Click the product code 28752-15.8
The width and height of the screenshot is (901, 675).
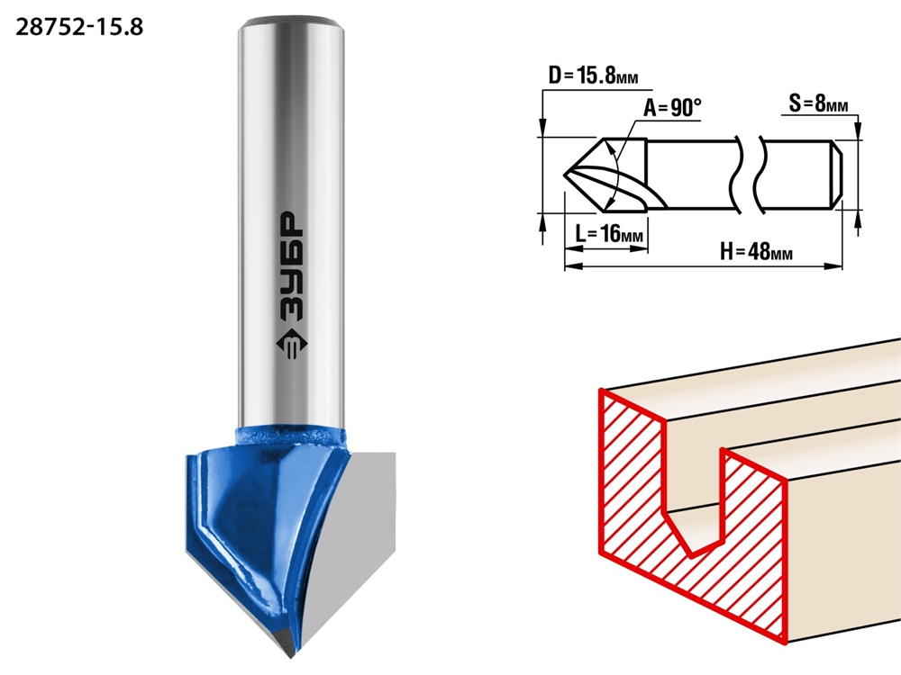(79, 27)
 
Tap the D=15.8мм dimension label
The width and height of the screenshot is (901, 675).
(594, 76)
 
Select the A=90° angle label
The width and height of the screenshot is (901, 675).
(672, 107)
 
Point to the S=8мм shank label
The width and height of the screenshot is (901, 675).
(818, 103)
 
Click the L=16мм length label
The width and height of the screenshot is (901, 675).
(609, 234)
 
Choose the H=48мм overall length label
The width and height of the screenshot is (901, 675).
(756, 251)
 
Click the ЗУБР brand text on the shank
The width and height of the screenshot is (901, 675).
(293, 267)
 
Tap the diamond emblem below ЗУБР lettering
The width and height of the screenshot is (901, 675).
(292, 345)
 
